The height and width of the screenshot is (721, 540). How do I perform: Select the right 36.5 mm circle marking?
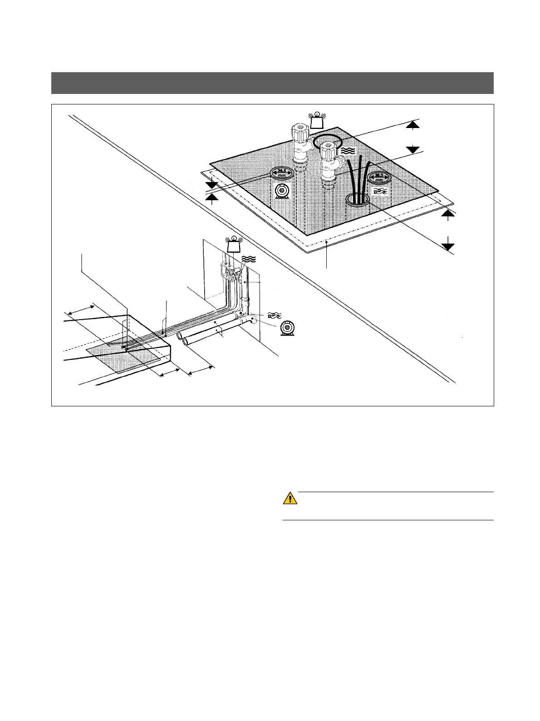(379, 178)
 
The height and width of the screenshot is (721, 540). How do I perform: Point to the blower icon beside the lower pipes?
(286, 328)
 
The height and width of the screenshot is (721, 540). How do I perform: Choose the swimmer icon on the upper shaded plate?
(379, 192)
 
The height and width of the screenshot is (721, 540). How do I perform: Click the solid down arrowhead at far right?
(448, 246)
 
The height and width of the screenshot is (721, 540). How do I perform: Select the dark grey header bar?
(272, 83)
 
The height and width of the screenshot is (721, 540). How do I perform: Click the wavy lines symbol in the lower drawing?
(249, 259)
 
